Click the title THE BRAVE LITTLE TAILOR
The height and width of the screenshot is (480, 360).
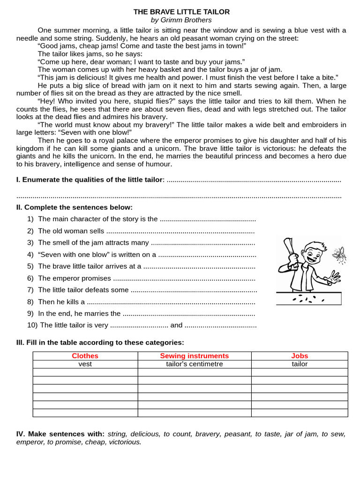181,12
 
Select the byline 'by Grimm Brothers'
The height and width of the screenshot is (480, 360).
181,20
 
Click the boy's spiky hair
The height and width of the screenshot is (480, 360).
313,247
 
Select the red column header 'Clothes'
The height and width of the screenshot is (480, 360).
85,356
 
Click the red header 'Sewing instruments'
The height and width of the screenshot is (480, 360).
195,356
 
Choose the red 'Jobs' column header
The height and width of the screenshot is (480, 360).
300,356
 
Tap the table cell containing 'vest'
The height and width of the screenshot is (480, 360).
85,364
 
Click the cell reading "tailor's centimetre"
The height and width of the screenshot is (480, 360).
195,364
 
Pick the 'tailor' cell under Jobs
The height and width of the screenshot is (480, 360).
300,364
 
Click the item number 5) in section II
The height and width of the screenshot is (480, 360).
30,266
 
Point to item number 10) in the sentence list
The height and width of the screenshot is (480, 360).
32,325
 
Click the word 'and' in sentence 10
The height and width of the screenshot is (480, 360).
176,325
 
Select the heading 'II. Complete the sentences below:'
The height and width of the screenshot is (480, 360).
75,207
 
